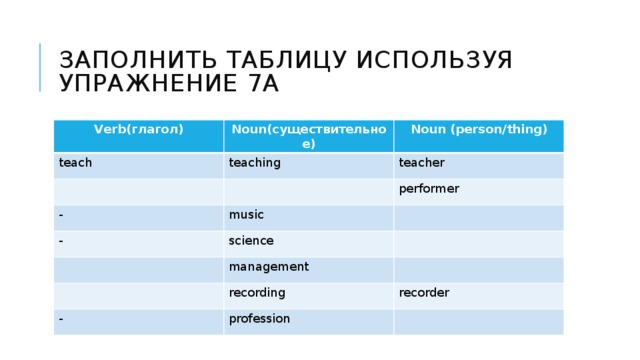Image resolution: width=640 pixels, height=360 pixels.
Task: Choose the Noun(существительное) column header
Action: click(309, 136)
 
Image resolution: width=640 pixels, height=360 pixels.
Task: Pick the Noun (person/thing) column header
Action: click(479, 129)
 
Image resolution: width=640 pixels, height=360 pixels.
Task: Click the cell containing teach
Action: click(75, 161)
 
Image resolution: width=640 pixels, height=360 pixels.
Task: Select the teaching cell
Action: click(254, 162)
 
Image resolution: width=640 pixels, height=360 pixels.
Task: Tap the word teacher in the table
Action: click(421, 162)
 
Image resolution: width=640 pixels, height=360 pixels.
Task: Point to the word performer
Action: click(428, 188)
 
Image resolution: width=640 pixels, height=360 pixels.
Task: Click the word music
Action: click(246, 214)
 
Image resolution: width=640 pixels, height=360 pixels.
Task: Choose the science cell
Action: click(251, 240)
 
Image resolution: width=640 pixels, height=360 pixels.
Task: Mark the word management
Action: click(268, 266)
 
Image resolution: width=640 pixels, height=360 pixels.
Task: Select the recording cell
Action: click(257, 292)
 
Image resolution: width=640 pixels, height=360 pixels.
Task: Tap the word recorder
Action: click(424, 292)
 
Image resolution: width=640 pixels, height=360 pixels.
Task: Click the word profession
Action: click(259, 318)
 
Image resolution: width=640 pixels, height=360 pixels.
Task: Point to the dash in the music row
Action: click(61, 214)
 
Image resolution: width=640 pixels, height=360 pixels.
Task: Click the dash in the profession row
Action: click(61, 318)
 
